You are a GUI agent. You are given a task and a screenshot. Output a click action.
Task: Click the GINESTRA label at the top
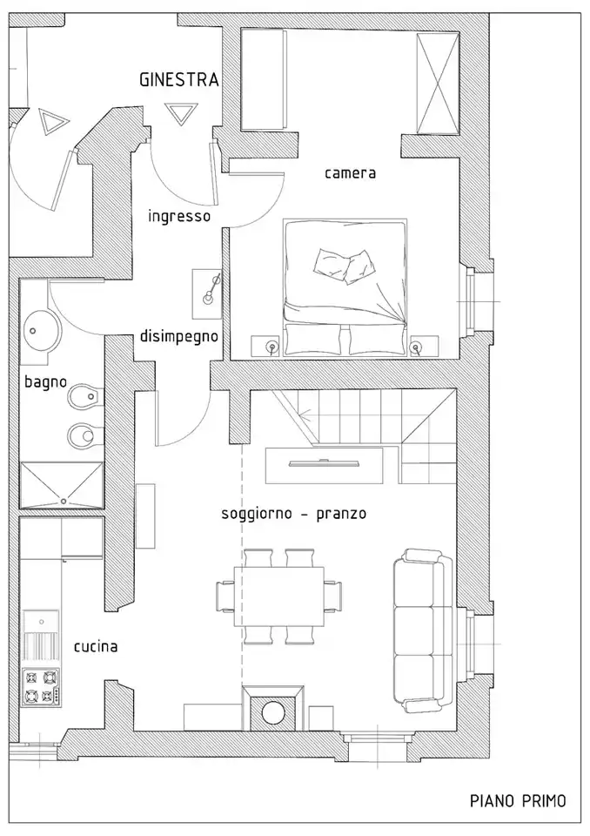point(178,79)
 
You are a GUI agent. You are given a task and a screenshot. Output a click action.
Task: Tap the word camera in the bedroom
point(350,172)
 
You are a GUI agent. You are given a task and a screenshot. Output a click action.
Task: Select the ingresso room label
point(179,216)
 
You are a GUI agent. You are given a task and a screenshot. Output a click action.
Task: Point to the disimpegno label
point(178,336)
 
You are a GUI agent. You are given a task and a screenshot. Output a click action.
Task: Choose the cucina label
point(96,646)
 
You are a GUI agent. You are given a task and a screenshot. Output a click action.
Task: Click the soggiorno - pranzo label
point(293,514)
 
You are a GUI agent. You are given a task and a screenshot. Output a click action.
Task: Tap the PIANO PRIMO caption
point(517,800)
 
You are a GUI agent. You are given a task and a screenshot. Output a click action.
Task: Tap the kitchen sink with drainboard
point(40,637)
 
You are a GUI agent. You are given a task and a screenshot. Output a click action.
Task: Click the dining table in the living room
point(278,597)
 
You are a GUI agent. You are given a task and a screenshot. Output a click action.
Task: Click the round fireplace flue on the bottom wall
point(273,711)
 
